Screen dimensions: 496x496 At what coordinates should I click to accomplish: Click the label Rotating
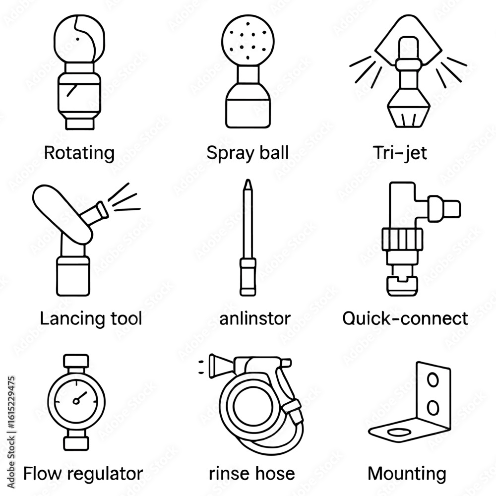[x=79, y=153]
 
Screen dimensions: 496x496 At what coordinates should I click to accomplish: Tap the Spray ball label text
[x=248, y=153]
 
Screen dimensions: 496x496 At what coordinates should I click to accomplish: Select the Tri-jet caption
[x=400, y=153]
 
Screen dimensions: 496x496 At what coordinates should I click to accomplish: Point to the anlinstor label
[x=255, y=318]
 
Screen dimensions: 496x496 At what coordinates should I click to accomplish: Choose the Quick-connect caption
[x=405, y=318]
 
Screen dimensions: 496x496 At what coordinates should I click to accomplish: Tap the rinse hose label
[x=252, y=474]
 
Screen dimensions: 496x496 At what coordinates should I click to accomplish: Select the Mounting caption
[x=407, y=474]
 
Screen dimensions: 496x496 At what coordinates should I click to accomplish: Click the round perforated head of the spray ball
[x=248, y=42]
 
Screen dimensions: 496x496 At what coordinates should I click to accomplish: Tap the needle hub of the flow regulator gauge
[x=76, y=401]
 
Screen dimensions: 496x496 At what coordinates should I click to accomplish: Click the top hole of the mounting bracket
[x=433, y=380]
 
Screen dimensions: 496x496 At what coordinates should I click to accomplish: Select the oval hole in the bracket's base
[x=399, y=432]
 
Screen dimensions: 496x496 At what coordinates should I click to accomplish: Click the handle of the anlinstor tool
[x=248, y=277]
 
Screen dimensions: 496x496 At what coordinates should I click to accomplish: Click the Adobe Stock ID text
[x=11, y=432]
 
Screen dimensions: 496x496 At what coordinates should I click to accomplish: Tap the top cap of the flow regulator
[x=76, y=361]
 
